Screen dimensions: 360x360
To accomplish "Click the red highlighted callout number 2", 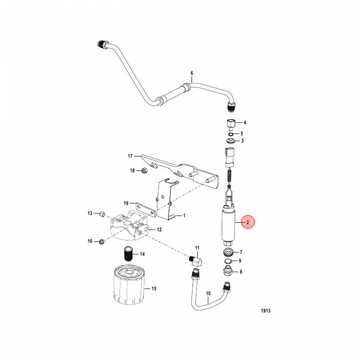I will [x=247, y=222].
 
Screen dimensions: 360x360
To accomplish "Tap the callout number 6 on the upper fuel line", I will [x=191, y=73].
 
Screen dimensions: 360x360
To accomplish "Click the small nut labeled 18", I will [x=144, y=171].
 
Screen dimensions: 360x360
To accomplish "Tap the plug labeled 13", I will [x=101, y=214].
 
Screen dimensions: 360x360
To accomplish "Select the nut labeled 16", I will [x=102, y=242].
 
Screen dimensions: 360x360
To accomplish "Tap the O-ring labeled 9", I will [x=228, y=261].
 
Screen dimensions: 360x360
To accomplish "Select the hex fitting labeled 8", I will [x=227, y=271].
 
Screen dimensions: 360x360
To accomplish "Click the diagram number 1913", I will [x=265, y=310].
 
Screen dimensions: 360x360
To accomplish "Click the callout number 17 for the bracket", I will [x=129, y=155].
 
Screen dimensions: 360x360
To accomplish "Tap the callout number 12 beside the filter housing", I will [x=159, y=230].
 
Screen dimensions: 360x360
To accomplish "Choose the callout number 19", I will [x=126, y=203].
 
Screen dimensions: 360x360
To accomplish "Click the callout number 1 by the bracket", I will [x=184, y=216].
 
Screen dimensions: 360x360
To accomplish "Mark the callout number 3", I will [x=242, y=141].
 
